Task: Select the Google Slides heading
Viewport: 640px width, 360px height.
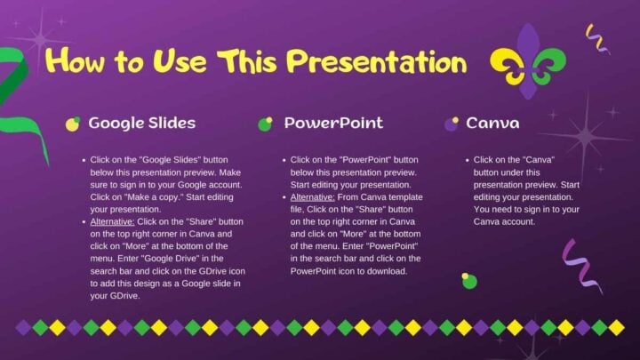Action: pyautogui.click(x=142, y=123)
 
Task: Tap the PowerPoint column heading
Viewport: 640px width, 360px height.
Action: pyautogui.click(x=333, y=123)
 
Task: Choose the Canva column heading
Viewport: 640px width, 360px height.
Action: pyautogui.click(x=492, y=123)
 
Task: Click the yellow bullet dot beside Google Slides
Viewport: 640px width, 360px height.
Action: pyautogui.click(x=73, y=124)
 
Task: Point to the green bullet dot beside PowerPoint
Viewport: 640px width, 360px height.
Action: pyautogui.click(x=265, y=124)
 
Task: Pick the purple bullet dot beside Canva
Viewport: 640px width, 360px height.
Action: pyautogui.click(x=452, y=124)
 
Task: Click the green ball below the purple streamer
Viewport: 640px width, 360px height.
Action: pyautogui.click(x=469, y=281)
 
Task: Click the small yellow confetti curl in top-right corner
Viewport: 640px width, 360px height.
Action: pyautogui.click(x=597, y=38)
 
